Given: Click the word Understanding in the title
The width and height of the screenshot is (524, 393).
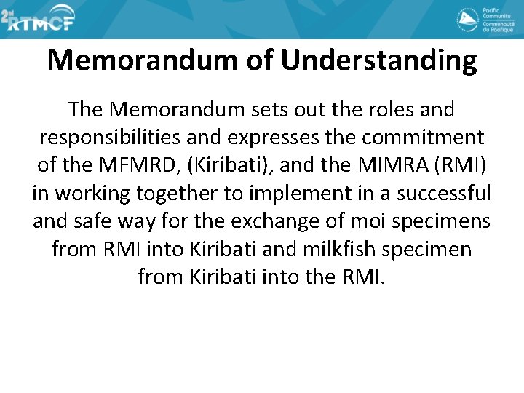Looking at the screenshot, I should [378, 60].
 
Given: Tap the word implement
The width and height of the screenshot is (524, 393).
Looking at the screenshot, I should [293, 193].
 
